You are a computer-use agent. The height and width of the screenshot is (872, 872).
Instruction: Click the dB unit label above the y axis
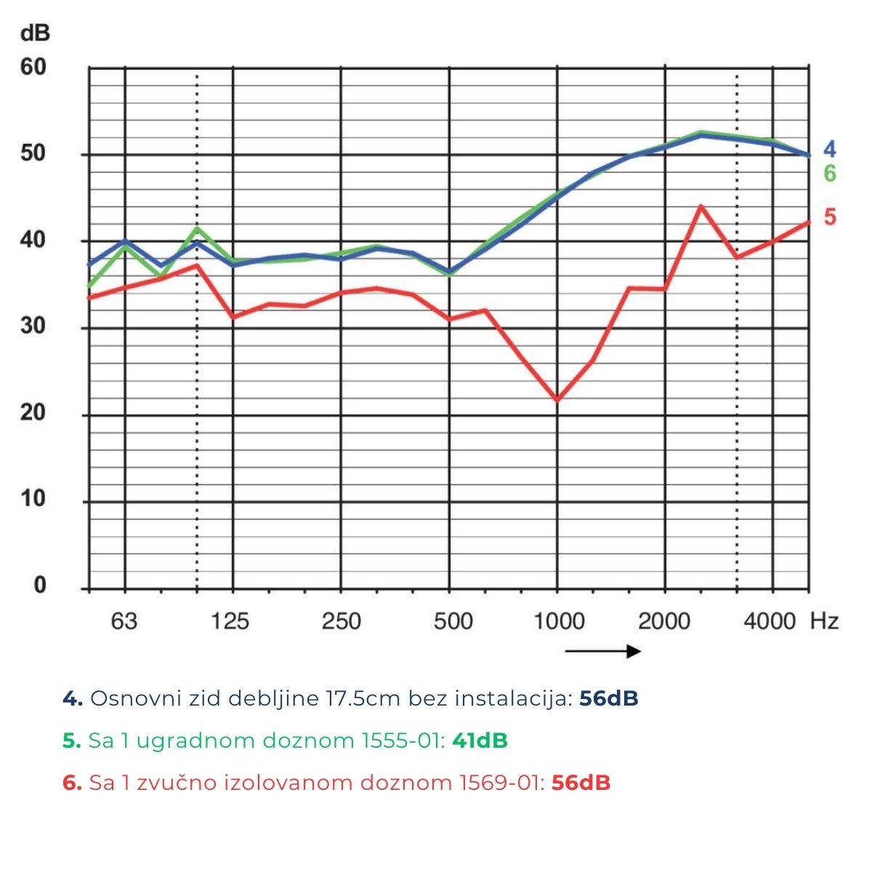(x=36, y=33)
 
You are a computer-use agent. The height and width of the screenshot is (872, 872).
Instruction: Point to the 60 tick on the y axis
(x=33, y=67)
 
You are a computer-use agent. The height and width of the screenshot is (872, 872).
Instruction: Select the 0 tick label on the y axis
(x=39, y=586)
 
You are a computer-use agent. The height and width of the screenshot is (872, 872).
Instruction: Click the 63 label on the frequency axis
(x=124, y=621)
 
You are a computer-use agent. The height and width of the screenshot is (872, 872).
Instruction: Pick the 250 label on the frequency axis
(x=341, y=621)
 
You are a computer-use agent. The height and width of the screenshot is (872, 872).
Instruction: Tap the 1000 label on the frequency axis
(x=559, y=621)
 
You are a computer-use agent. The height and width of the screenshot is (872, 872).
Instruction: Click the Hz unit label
(x=824, y=621)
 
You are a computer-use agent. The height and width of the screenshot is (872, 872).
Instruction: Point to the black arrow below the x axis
(x=602, y=651)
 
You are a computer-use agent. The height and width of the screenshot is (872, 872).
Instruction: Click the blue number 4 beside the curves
(x=829, y=150)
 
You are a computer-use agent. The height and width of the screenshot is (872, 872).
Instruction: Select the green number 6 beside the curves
(x=829, y=174)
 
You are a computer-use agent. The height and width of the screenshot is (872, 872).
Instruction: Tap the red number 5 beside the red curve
(x=829, y=217)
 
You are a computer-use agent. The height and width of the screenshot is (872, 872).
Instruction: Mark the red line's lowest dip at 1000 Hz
(x=557, y=400)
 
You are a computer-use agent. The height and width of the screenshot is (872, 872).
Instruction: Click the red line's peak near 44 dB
(x=701, y=206)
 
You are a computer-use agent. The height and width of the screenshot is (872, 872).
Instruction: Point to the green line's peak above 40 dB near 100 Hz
(x=197, y=228)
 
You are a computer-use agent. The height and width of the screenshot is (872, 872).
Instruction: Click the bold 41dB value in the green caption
(x=480, y=740)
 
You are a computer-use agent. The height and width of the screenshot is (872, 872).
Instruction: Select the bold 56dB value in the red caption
(x=581, y=783)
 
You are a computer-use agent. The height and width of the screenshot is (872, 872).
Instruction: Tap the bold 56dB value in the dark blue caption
(x=609, y=698)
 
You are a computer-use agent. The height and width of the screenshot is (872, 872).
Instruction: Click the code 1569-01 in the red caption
(x=501, y=783)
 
